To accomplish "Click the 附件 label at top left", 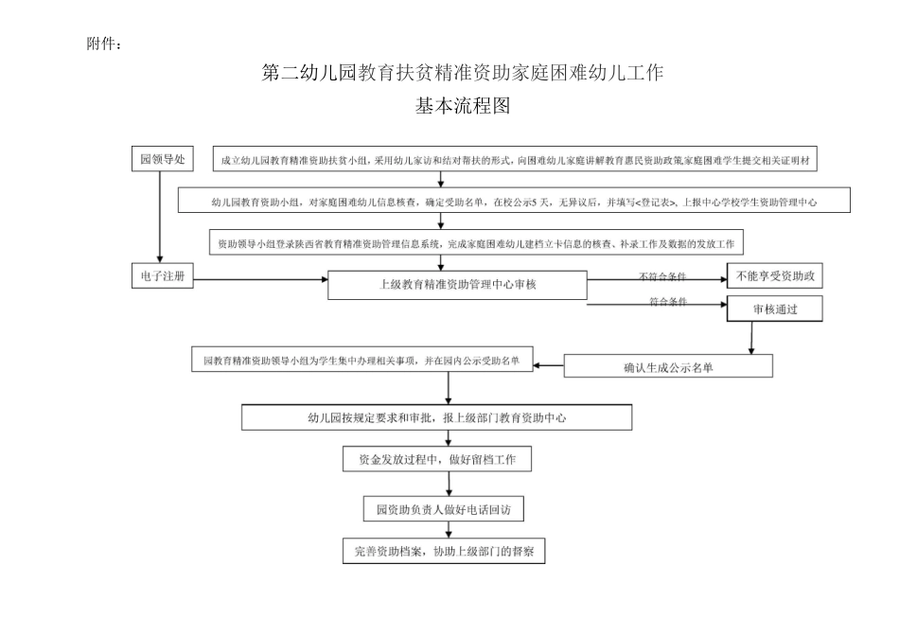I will click(103, 44).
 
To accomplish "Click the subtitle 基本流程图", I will click(463, 107).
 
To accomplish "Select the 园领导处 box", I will click(161, 160).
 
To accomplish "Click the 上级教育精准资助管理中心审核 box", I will click(457, 285).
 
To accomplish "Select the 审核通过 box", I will click(774, 309).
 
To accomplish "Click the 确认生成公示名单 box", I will click(668, 367).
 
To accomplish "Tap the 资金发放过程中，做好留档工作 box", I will click(437, 460).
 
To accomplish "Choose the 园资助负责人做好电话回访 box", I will click(444, 510).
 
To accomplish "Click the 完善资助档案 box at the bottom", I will click(444, 552).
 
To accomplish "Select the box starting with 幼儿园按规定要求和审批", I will click(436, 416).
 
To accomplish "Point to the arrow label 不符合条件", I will click(662, 276).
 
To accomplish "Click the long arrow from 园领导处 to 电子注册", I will click(160, 218).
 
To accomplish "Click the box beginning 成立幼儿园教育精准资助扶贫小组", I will click(520, 161).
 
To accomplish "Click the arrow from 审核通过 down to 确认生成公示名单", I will click(751, 337).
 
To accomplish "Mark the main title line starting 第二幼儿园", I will click(463, 72).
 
